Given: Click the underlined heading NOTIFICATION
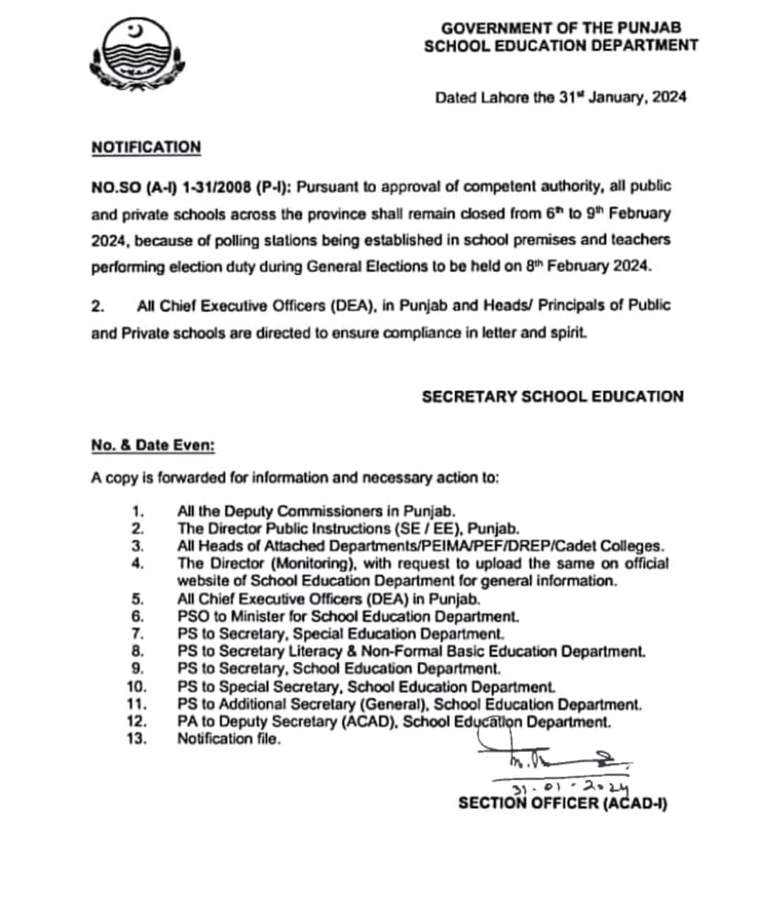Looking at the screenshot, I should (146, 147).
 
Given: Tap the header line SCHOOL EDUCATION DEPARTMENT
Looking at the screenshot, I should (561, 46).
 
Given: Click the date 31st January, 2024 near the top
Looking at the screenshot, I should (622, 98).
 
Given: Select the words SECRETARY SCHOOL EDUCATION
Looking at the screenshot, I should (552, 396).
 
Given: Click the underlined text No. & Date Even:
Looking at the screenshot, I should (153, 445).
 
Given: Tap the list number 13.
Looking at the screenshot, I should (137, 739).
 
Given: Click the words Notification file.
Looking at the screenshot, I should (229, 739).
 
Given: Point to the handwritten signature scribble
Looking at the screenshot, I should (554, 757).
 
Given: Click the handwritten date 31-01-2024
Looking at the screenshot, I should (570, 788).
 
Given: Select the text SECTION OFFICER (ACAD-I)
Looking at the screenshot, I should (562, 803).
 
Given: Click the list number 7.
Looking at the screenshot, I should (138, 634).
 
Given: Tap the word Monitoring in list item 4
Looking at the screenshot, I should (310, 563).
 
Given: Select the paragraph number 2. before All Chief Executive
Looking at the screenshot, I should (98, 306).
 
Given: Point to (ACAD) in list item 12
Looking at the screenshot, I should (369, 722).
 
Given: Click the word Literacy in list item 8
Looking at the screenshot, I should (309, 652).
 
